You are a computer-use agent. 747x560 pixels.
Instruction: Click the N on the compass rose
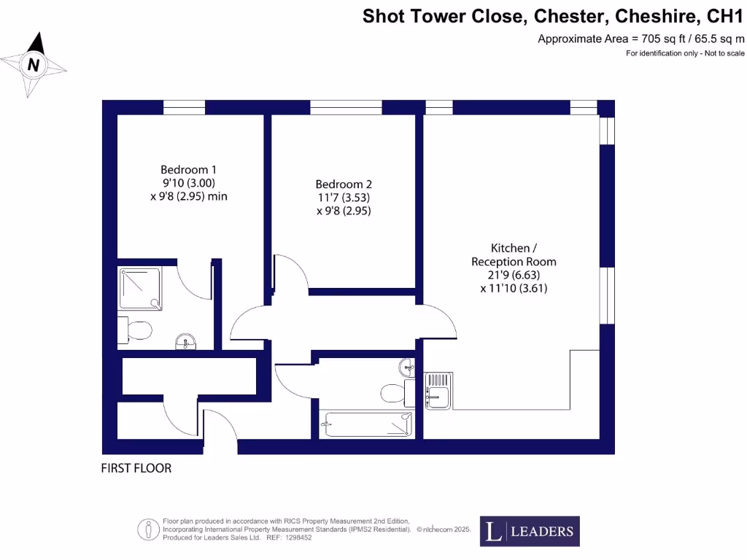[33, 65]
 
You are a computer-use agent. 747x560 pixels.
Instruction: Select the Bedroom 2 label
[344, 184]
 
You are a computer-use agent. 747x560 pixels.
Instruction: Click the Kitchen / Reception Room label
[514, 254]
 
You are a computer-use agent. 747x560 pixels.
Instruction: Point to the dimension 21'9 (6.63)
[514, 275]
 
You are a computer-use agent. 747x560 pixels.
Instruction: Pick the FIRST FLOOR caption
[136, 468]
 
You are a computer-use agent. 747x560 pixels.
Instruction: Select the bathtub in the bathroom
[367, 424]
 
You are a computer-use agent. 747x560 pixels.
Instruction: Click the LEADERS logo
[530, 532]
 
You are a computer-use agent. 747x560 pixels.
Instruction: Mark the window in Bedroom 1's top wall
[184, 108]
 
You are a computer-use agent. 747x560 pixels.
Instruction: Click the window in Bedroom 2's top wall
[346, 108]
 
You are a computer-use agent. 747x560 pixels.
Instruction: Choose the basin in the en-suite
[186, 341]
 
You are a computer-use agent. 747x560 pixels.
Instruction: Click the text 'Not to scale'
[724, 53]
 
